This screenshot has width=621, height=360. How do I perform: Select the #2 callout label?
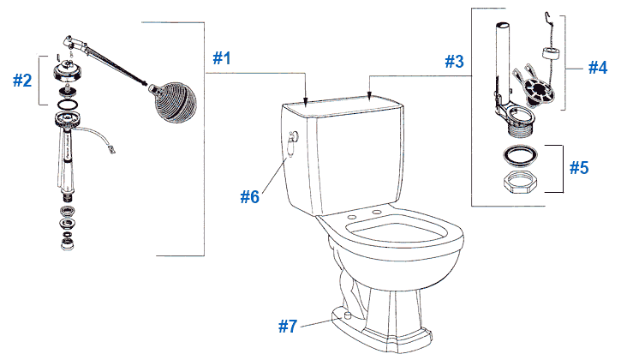tap(22, 81)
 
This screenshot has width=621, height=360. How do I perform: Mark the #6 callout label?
tap(250, 196)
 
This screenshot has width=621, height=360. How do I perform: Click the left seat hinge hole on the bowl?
tap(354, 216)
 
